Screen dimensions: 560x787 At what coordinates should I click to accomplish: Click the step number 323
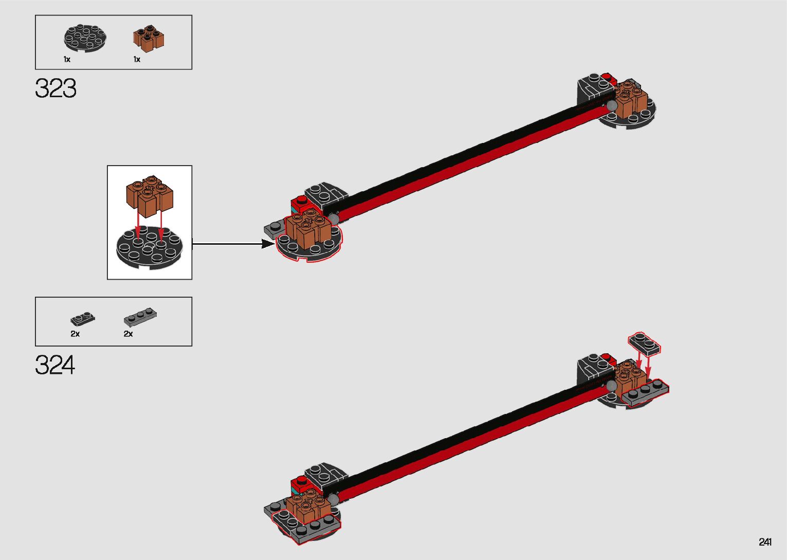[x=56, y=88]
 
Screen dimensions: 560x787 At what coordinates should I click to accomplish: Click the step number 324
[x=55, y=365]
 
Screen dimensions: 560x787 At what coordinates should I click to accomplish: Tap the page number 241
[x=765, y=542]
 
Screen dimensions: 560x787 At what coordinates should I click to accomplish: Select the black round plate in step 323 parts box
[x=86, y=38]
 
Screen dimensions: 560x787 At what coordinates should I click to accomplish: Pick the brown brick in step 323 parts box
[x=149, y=38]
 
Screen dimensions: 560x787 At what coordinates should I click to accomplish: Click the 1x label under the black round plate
[x=67, y=60]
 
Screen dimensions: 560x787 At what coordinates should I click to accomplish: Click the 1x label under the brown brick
[x=137, y=60]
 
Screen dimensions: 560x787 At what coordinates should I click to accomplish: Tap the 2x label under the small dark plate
[x=75, y=334]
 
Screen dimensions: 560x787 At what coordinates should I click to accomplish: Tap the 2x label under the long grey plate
[x=128, y=334]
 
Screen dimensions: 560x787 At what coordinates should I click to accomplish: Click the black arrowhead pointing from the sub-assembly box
[x=268, y=244]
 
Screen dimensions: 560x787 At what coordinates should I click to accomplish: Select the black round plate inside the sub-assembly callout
[x=149, y=250]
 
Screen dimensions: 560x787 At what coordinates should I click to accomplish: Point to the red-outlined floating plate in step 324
[x=644, y=343]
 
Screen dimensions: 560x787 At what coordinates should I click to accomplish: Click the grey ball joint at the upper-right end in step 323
[x=612, y=105]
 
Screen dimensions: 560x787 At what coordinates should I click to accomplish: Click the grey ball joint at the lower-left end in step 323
[x=334, y=219]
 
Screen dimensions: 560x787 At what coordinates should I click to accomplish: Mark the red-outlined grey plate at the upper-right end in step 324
[x=646, y=392]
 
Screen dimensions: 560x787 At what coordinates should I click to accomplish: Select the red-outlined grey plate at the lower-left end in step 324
[x=306, y=527]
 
